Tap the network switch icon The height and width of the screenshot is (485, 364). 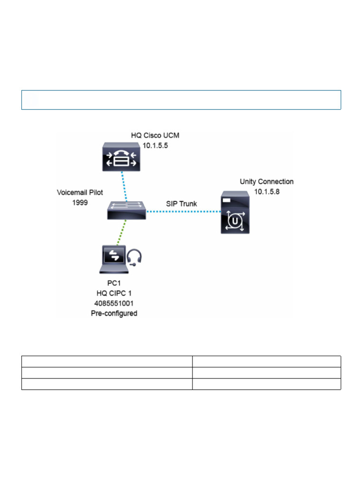(126, 210)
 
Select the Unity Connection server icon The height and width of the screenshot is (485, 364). (236, 212)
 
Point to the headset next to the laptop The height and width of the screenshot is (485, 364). (135, 258)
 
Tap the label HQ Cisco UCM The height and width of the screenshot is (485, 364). (155, 136)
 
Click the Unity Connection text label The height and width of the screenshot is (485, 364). (266, 181)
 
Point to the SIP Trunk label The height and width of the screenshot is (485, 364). (181, 204)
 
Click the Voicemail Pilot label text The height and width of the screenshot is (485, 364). (80, 193)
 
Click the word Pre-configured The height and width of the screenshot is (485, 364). (114, 313)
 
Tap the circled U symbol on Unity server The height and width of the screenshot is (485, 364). (236, 221)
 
